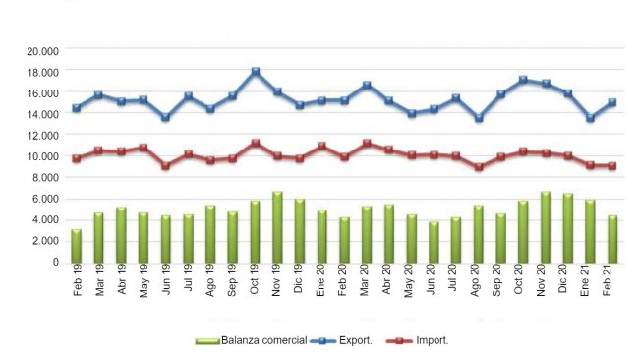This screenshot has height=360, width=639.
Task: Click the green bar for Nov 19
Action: [277, 227]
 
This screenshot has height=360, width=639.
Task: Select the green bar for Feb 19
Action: [76, 246]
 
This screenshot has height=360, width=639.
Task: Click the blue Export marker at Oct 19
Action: [255, 72]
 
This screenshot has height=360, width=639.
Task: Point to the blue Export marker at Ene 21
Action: [589, 118]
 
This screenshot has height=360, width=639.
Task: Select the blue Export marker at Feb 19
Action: [76, 108]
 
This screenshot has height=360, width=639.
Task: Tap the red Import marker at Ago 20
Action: [478, 167]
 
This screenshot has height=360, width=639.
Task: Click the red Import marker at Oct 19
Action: [255, 143]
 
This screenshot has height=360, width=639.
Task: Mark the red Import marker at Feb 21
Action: [611, 166]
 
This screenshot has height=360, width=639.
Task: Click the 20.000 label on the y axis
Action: [42, 51]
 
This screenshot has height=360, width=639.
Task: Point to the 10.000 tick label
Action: [42, 157]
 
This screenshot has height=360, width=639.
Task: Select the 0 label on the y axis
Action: [55, 263]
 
